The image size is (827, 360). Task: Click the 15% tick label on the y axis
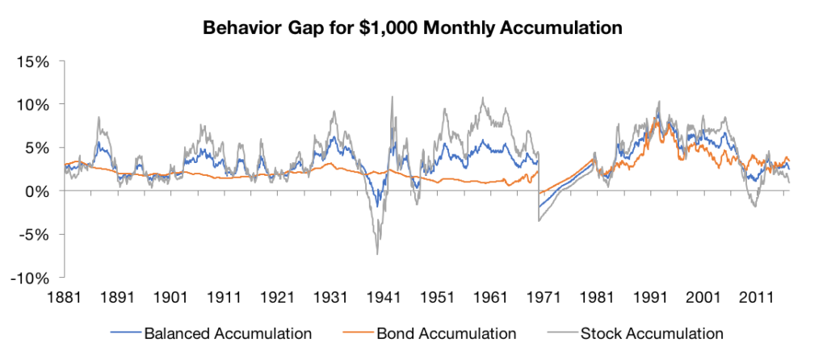point(36,61)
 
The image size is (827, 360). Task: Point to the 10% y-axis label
point(36,105)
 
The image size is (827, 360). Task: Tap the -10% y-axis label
point(33,278)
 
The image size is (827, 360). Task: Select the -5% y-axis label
point(36,235)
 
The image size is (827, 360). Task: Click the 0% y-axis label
point(40,191)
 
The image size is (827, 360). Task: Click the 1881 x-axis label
point(65,296)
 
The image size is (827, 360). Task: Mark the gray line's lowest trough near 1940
point(377,254)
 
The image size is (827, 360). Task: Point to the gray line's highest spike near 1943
point(393,97)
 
